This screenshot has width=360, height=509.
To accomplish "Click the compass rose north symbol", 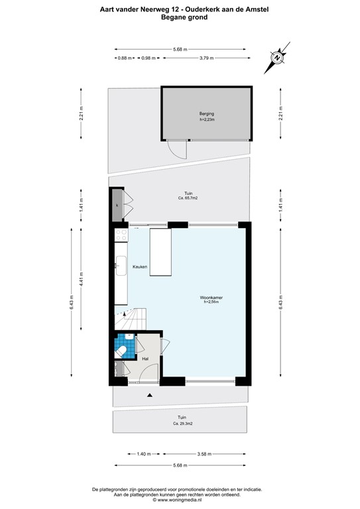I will click(x=277, y=57).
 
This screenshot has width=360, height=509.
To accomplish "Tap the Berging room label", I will click(x=207, y=113).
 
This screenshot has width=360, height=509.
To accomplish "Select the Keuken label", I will click(x=139, y=266).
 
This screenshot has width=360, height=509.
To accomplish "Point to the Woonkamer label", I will click(x=211, y=298).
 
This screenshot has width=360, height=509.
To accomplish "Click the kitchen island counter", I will click(x=160, y=251).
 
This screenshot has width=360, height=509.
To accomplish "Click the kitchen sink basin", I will click(x=121, y=266).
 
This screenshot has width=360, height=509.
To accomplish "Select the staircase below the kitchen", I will click(x=129, y=319).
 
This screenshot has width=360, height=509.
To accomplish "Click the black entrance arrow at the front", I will click(x=150, y=395).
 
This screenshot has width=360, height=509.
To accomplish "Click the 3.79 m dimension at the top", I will click(x=206, y=58).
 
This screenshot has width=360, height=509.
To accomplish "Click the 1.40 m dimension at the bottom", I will click(x=144, y=454).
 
